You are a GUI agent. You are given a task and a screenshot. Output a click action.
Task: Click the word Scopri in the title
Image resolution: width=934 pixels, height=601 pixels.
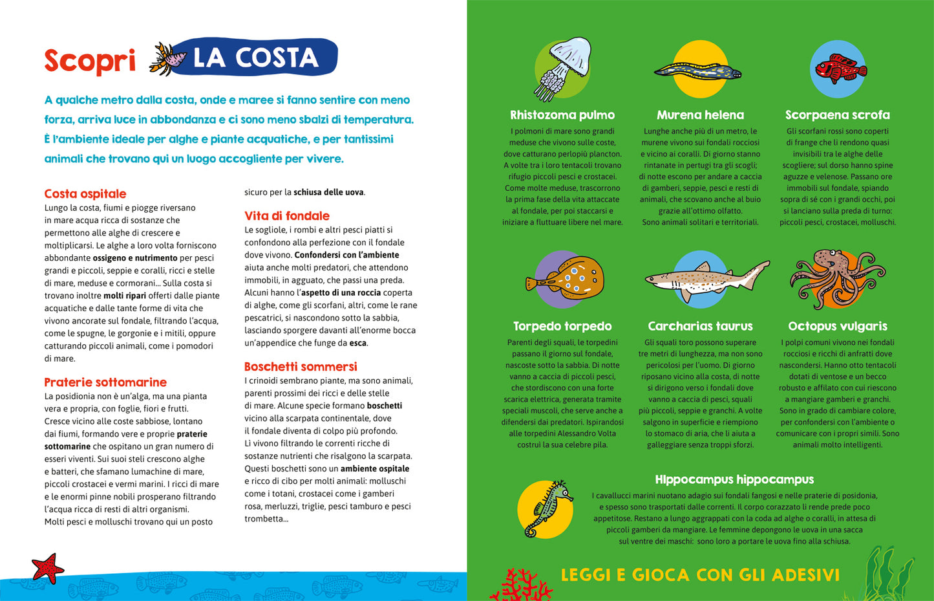click(x=90, y=61)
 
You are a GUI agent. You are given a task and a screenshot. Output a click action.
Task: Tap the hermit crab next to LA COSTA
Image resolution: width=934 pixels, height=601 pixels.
click(x=169, y=59)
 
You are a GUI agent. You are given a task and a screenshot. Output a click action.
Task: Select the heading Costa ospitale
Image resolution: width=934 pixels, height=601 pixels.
click(x=85, y=193)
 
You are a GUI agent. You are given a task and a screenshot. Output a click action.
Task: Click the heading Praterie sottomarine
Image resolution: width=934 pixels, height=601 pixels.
click(x=105, y=382)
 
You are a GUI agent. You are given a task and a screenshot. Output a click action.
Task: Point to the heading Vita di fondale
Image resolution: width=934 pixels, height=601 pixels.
click(x=287, y=215)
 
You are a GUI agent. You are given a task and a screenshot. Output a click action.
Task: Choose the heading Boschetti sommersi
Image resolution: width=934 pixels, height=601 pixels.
click(x=301, y=366)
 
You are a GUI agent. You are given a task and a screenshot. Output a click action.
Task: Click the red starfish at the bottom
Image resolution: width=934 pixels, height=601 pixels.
click(x=47, y=568)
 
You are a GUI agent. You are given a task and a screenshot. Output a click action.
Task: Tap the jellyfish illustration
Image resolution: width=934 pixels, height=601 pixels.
click(x=564, y=67)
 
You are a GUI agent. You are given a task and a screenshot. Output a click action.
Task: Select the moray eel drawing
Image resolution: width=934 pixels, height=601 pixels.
click(x=698, y=70)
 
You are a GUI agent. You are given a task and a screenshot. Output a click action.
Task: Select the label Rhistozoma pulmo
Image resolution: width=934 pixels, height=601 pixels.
click(x=562, y=115)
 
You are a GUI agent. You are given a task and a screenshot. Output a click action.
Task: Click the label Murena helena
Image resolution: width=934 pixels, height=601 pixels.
click(x=700, y=115)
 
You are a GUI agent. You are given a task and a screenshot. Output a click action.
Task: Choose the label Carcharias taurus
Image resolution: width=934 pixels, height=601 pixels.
click(x=700, y=326)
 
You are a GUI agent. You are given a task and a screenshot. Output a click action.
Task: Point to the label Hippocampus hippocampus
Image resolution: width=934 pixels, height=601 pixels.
click(x=734, y=479)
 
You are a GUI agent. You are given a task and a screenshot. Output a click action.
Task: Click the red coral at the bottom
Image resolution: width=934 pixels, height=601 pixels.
click(x=520, y=586)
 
